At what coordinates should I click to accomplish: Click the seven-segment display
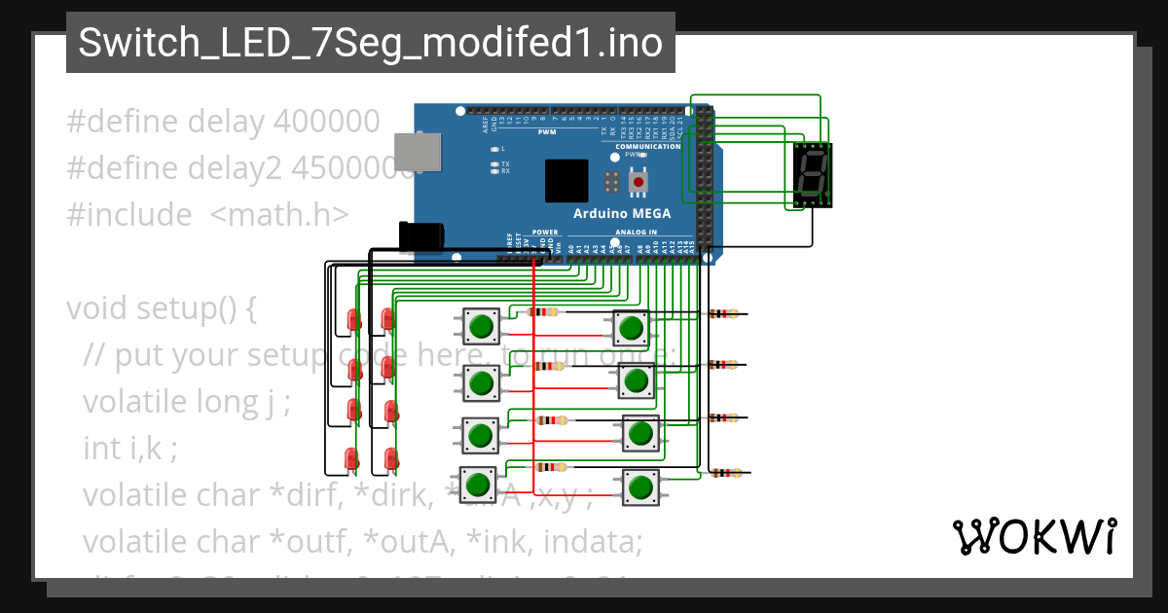coord(813,175)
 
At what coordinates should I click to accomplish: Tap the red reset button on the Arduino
coord(638,182)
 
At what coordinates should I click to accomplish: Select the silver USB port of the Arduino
coord(417,152)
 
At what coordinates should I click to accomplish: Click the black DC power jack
coord(422,238)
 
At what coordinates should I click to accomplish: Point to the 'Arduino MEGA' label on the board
coord(617,213)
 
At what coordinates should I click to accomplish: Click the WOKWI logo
coord(1034,536)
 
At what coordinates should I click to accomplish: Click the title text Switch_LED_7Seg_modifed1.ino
coord(370,43)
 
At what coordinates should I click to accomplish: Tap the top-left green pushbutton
coord(480,326)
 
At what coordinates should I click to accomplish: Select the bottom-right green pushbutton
coord(639,487)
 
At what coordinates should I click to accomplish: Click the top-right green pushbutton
coord(631,327)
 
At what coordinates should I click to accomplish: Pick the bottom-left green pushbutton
coord(476,484)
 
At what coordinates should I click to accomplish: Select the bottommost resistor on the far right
coord(724,474)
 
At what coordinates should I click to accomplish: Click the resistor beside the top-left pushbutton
coord(543,312)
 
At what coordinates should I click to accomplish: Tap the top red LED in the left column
coord(352,320)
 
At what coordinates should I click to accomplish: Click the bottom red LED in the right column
coord(390,457)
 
